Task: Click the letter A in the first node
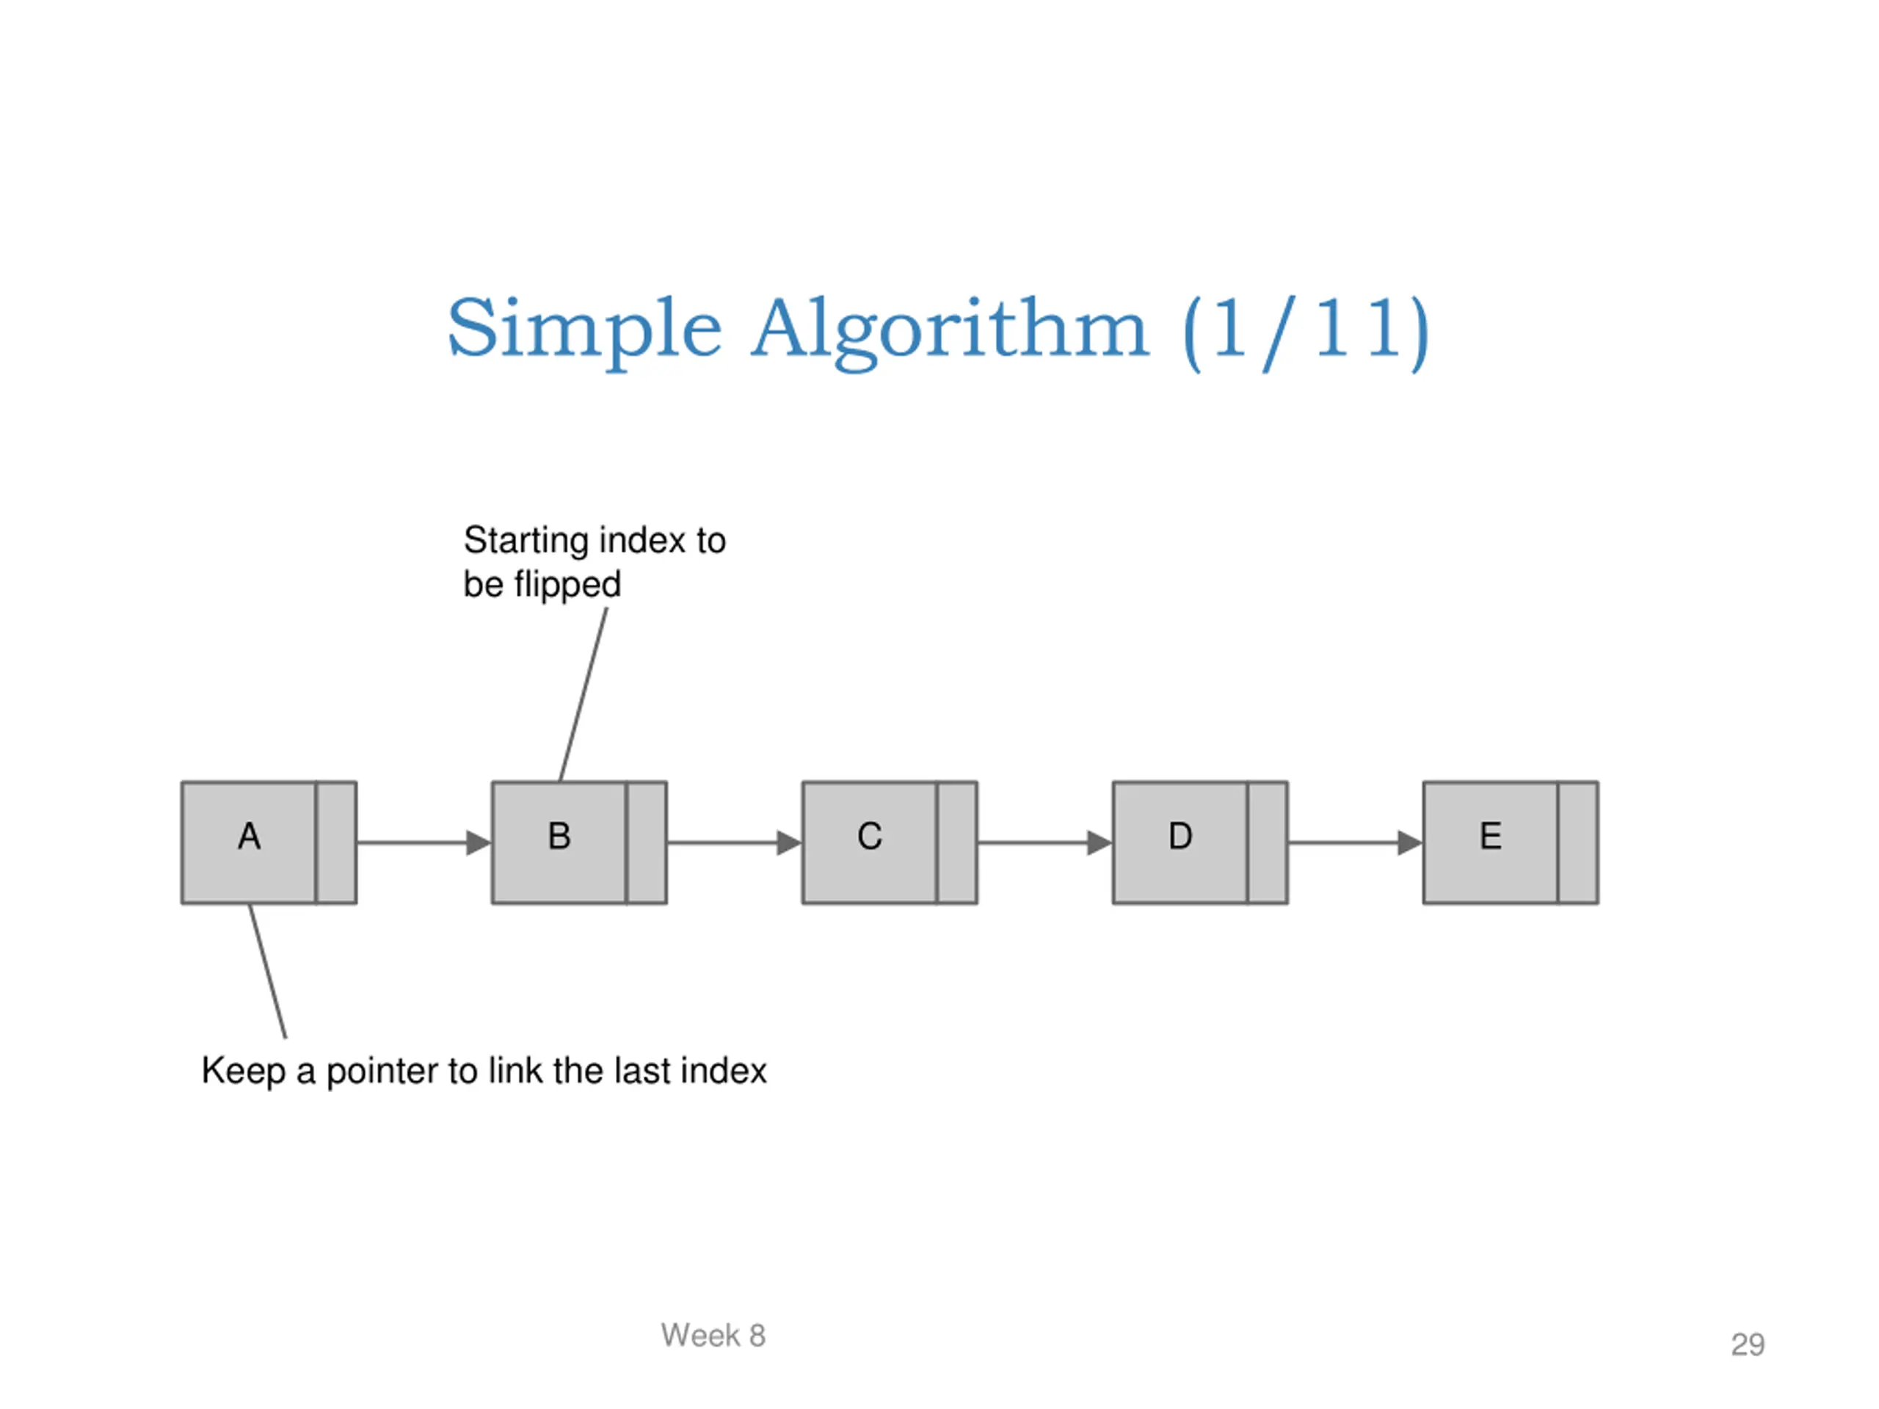coord(249,837)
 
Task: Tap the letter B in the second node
coord(559,837)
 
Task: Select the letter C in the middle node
coord(870,837)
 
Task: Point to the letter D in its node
coord(1181,837)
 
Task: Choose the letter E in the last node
coord(1491,837)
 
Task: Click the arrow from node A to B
coord(425,842)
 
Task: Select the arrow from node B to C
coord(735,842)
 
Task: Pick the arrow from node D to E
coord(1356,842)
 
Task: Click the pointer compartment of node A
coord(336,842)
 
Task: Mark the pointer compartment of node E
coord(1578,842)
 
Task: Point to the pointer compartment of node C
coord(957,842)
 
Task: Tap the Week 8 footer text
coord(713,1335)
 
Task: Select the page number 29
coord(1748,1344)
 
